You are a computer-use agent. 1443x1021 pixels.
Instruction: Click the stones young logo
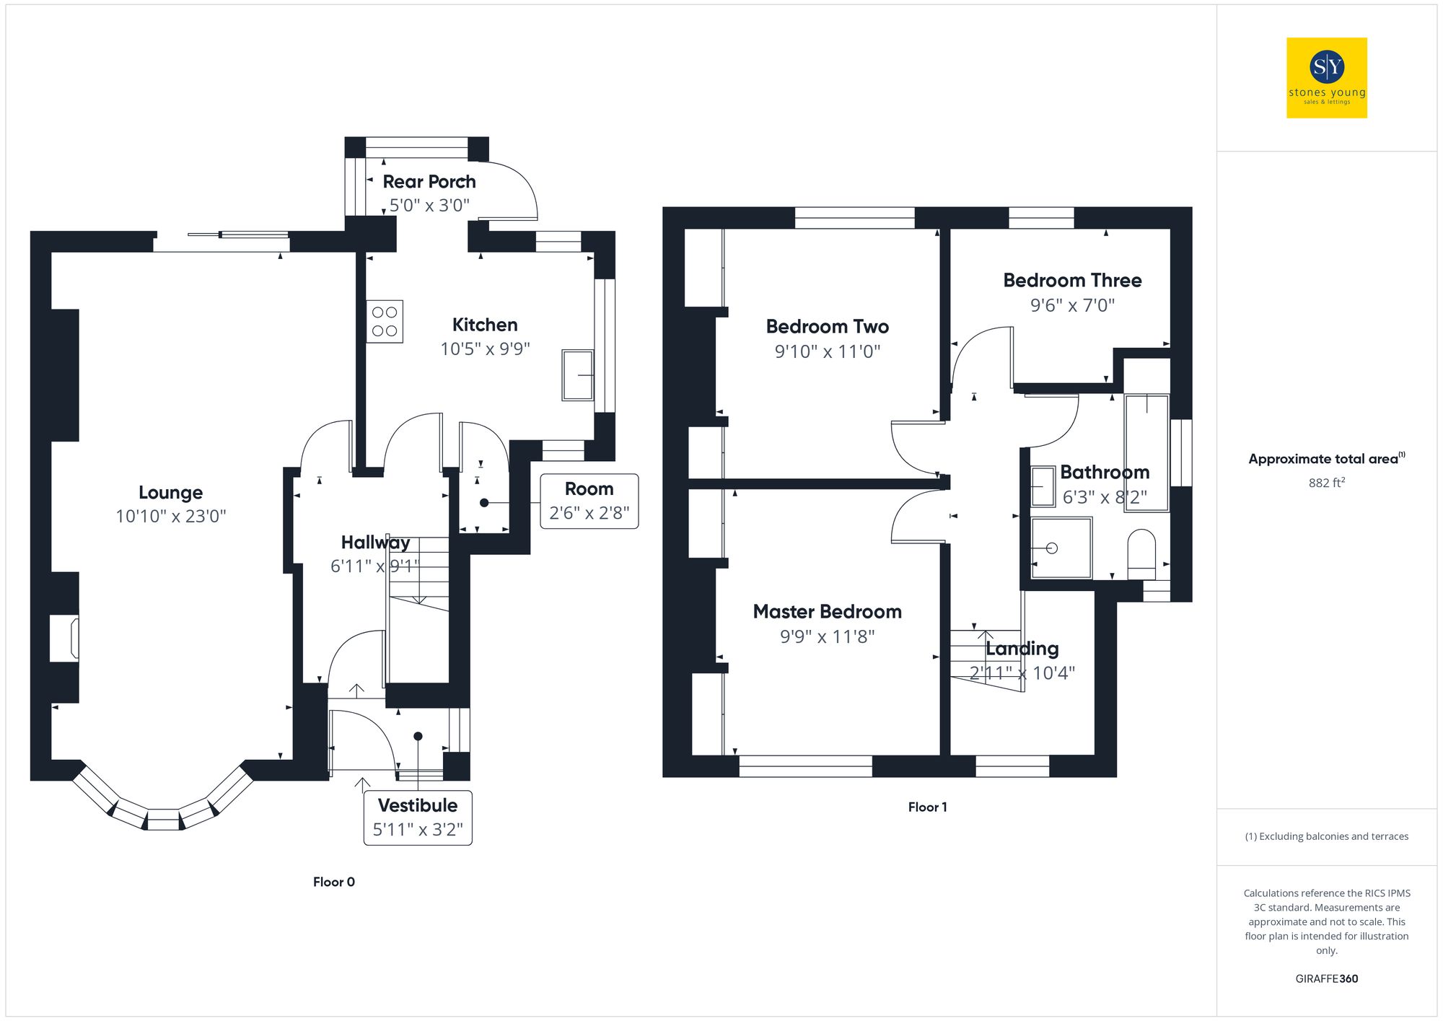[1326, 78]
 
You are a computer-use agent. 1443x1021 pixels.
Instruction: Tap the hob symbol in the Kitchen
[385, 322]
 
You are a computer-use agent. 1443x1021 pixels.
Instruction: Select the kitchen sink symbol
[577, 375]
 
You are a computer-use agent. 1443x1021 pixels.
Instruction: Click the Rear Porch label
[429, 182]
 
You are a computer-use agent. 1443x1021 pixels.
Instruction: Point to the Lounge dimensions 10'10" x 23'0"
[171, 517]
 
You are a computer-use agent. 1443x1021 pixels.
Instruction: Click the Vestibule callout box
[418, 818]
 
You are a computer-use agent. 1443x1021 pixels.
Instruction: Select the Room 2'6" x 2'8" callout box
[589, 501]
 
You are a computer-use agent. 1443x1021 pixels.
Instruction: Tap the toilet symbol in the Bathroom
[1141, 554]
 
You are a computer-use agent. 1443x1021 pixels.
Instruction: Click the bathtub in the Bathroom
[1146, 452]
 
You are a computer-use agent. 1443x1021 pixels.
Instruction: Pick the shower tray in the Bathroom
[1061, 548]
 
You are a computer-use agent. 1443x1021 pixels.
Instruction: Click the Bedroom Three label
[1072, 281]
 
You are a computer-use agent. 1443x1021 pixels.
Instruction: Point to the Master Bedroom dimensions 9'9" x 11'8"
[827, 636]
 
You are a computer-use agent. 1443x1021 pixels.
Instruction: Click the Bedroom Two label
[827, 327]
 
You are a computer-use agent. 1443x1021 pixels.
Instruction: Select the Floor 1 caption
[927, 807]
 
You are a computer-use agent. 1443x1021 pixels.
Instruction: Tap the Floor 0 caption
[333, 882]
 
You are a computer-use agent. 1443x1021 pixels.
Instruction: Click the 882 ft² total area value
[1326, 483]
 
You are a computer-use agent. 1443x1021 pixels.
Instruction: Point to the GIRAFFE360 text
[1326, 979]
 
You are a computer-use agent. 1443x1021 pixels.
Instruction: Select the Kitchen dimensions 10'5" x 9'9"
[485, 349]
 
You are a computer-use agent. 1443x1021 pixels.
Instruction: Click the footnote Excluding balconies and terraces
[1326, 836]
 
